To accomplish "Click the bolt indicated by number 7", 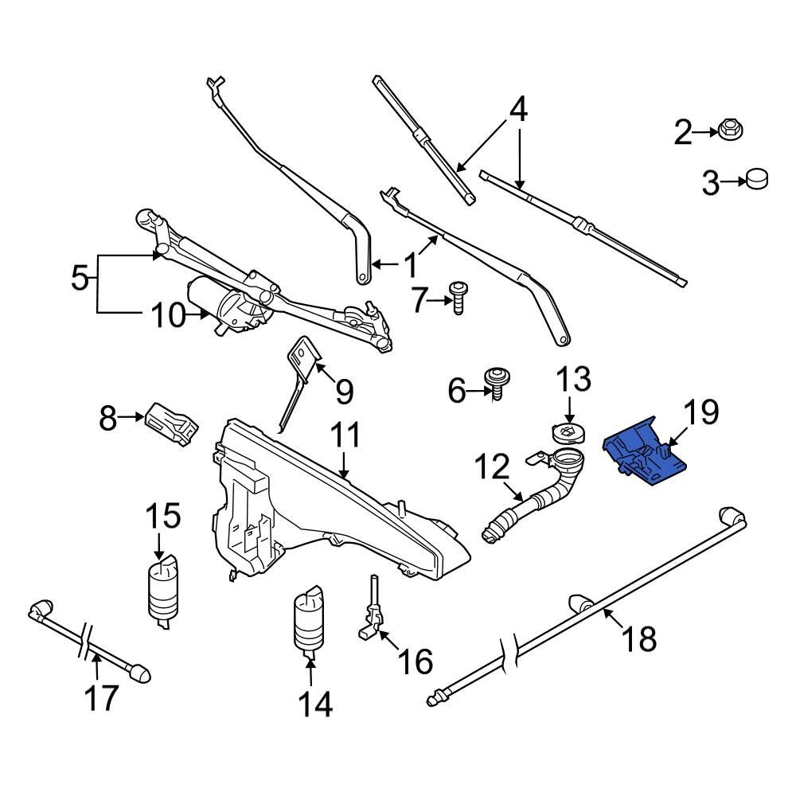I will [x=458, y=296].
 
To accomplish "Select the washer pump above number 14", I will [x=308, y=620].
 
